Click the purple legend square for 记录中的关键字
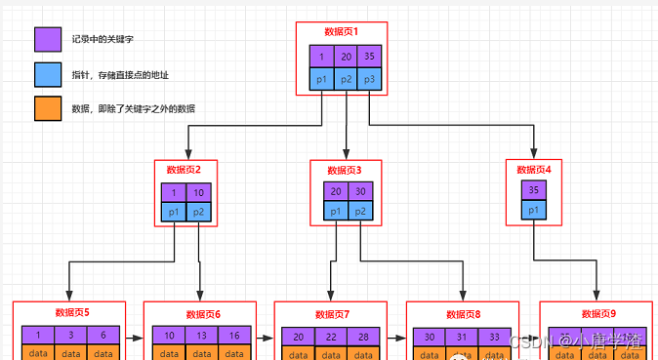pyautogui.click(x=47, y=39)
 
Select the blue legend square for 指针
pyautogui.click(x=47, y=74)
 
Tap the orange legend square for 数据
pyautogui.click(x=47, y=109)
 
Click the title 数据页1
pyautogui.click(x=342, y=31)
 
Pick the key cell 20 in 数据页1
pyautogui.click(x=347, y=57)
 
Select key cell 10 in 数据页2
pyautogui.click(x=199, y=191)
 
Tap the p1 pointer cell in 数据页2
pyautogui.click(x=174, y=212)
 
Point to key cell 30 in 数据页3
pyautogui.click(x=361, y=191)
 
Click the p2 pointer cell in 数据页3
pyautogui.click(x=361, y=212)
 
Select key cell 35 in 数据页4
pyautogui.click(x=534, y=191)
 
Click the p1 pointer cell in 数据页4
pyautogui.click(x=534, y=211)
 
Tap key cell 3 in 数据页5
pyautogui.click(x=70, y=335)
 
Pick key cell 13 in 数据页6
pyautogui.click(x=202, y=335)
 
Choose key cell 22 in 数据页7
pyautogui.click(x=333, y=337)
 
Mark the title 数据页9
pyautogui.click(x=598, y=313)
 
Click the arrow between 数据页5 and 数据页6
pyautogui.click(x=136, y=341)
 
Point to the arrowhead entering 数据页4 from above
pyautogui.click(x=534, y=152)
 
